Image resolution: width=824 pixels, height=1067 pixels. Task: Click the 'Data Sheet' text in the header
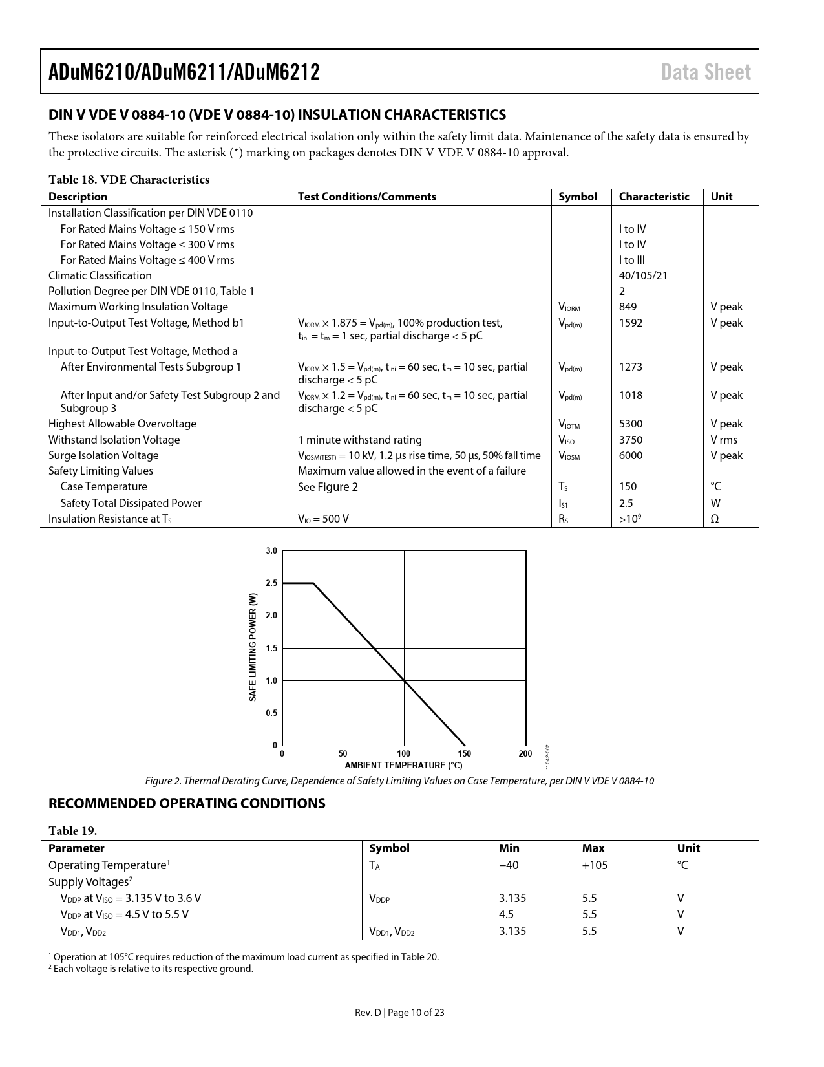pos(706,72)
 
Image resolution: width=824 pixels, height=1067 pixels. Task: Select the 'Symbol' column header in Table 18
pos(577,197)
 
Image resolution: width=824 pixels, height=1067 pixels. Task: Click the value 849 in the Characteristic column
pos(628,307)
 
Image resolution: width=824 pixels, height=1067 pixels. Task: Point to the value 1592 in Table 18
pos(631,323)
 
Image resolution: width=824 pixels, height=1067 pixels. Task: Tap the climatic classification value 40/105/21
pos(643,275)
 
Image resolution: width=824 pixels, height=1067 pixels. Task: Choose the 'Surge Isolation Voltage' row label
pos(103,455)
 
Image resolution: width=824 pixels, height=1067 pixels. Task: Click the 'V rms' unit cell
pos(724,440)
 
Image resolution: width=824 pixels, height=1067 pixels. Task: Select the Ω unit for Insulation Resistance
pos(715,519)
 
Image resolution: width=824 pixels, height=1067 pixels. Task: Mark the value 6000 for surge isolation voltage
pos(631,455)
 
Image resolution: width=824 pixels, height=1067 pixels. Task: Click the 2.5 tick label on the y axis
pos(271,583)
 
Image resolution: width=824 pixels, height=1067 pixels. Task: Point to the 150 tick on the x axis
pos(465,753)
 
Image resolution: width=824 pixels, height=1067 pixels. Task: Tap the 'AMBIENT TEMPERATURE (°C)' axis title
pos(403,765)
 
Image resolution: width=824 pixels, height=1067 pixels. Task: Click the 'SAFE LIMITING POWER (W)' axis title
pos(253,647)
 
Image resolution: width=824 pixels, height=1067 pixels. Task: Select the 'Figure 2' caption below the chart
pos(399,781)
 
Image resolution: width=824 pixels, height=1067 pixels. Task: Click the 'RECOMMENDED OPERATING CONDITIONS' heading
pos(187,803)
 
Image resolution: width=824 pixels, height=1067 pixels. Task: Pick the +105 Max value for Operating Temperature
pos(595,865)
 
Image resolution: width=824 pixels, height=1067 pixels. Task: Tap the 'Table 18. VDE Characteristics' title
pos(129,180)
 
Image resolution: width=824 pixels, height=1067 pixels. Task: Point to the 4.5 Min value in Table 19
pos(507,914)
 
